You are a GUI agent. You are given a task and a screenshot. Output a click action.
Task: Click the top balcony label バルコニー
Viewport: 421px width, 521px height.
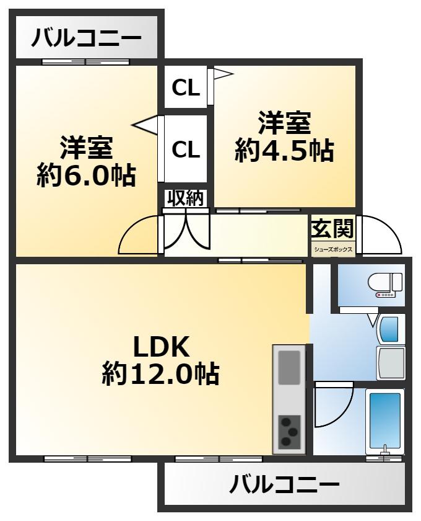coord(86,38)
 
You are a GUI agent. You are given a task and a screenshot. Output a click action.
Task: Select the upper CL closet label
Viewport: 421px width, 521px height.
coord(186,88)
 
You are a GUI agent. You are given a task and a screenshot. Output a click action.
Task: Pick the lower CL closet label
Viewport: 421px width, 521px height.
coord(186,149)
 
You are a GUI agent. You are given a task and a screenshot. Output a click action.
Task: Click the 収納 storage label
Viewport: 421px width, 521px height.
coord(185,198)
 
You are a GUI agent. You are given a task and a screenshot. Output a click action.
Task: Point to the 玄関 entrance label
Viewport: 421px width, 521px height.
coord(332,229)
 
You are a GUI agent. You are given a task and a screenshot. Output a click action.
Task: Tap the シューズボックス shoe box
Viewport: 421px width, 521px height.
coord(333,249)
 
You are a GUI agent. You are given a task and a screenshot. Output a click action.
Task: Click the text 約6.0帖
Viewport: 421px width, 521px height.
coord(86,175)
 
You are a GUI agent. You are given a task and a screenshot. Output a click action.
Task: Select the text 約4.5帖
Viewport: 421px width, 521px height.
coord(284,151)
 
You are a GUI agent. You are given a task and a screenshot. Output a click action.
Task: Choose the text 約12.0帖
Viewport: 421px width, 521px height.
coord(160,374)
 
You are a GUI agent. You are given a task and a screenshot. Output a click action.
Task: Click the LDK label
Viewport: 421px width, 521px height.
coord(161,347)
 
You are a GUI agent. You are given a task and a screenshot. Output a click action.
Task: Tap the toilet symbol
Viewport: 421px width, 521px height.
coord(385,285)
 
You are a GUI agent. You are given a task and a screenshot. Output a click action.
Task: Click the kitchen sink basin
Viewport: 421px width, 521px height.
coord(289,367)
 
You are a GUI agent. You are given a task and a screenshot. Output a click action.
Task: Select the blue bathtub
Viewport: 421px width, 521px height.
coord(385,421)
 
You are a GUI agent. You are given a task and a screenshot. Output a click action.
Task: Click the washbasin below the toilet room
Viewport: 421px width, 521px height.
coord(391,329)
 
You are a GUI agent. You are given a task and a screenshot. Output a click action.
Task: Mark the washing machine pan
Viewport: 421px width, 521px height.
coord(391,363)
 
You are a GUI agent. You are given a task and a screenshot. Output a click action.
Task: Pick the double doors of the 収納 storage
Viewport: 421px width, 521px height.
coord(186,230)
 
